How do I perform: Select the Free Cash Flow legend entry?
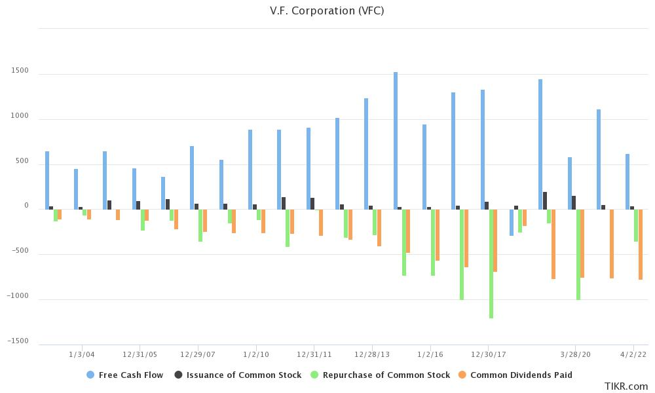pyautogui.click(x=125, y=375)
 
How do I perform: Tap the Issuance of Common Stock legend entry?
pyautogui.click(x=238, y=375)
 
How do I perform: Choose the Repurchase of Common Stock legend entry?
pyautogui.click(x=379, y=375)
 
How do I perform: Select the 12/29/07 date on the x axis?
pyautogui.click(x=197, y=354)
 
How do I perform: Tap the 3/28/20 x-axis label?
pyautogui.click(x=576, y=354)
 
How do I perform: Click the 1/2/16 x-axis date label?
pyautogui.click(x=430, y=354)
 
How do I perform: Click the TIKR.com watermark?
pyautogui.click(x=626, y=386)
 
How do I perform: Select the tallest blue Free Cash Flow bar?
pyautogui.click(x=396, y=141)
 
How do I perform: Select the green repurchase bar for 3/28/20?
pyautogui.click(x=578, y=255)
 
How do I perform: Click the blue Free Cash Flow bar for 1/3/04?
pyautogui.click(x=76, y=189)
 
